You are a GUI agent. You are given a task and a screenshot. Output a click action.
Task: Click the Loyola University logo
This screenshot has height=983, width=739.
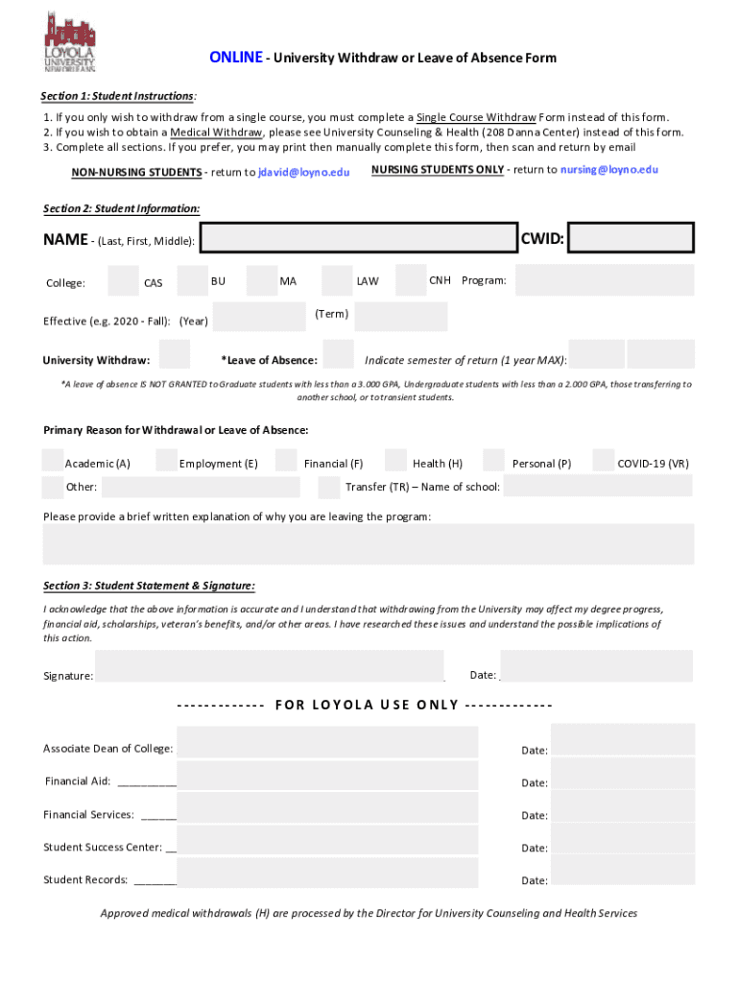(x=70, y=40)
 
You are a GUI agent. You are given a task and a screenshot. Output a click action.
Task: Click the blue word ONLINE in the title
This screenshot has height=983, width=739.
(x=235, y=58)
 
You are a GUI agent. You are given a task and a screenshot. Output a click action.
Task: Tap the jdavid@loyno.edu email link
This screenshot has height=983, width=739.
(x=304, y=172)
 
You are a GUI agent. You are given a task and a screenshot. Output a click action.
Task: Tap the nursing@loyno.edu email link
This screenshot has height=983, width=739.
(x=609, y=169)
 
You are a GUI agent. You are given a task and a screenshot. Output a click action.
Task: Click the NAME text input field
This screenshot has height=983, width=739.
(x=359, y=239)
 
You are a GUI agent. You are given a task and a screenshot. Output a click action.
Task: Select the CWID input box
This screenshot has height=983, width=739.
(x=631, y=238)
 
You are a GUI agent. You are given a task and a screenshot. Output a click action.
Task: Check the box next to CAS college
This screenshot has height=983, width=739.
(x=123, y=280)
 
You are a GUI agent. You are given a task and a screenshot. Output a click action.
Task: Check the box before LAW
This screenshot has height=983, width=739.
(x=337, y=280)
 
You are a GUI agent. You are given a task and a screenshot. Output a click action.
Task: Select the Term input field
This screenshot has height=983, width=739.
(x=400, y=317)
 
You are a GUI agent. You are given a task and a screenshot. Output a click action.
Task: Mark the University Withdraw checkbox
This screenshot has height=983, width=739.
(x=175, y=354)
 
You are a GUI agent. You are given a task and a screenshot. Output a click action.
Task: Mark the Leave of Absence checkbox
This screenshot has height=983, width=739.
(x=338, y=354)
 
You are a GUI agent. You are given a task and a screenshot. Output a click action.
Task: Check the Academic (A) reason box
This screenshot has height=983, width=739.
(x=53, y=461)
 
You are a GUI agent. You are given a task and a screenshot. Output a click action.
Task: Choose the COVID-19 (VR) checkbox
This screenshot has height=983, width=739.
(x=604, y=461)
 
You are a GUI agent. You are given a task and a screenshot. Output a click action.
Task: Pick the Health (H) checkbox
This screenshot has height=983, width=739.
(x=394, y=461)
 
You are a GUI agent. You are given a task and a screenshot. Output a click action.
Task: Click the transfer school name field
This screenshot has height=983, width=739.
(x=597, y=486)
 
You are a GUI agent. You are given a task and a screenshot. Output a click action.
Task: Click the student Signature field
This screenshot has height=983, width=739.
(x=270, y=666)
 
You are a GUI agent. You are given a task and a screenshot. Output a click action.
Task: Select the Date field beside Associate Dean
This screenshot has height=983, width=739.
(x=622, y=741)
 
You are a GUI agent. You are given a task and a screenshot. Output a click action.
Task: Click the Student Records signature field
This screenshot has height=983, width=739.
(x=327, y=873)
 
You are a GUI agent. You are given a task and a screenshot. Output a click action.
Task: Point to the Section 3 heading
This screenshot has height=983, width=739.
(x=149, y=586)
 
